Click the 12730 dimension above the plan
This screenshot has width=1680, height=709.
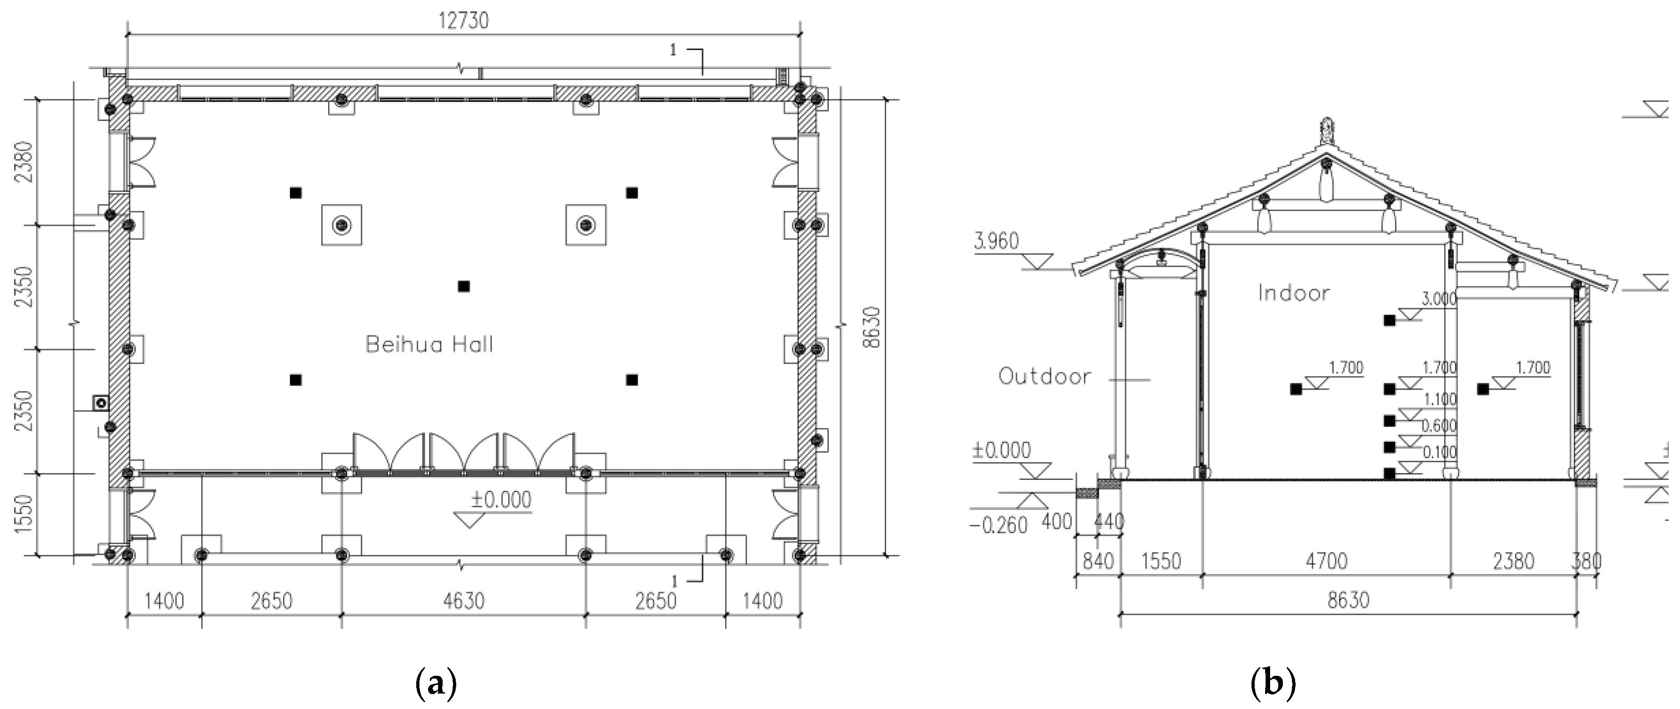463,21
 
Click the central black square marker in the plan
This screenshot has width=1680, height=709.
464,286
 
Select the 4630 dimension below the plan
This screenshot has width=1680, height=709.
464,600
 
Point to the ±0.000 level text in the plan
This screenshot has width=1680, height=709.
501,499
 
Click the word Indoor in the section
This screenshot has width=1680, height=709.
1294,293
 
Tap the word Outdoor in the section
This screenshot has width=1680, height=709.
1045,376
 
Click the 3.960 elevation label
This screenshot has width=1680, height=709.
996,241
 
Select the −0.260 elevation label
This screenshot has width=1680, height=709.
998,525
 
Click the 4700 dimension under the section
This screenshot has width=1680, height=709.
1326,561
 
